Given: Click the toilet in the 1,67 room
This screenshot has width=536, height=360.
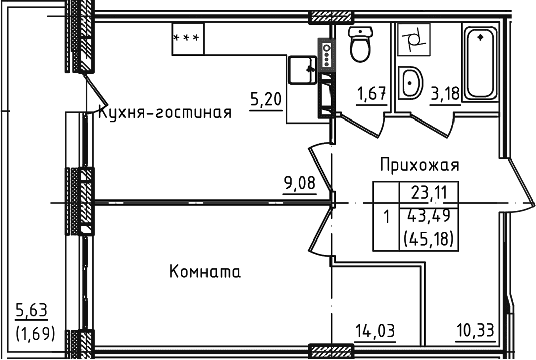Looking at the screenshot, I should [360, 46].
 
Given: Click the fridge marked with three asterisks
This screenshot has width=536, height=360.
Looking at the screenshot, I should [188, 38].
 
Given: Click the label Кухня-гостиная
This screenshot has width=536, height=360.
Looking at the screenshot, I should [164, 112].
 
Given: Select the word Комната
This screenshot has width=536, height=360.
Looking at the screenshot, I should [204, 272].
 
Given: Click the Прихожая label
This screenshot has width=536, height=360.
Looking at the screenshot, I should [419, 165].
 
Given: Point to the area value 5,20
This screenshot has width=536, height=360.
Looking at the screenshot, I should [266, 100].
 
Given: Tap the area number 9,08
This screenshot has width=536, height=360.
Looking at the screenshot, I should [300, 183].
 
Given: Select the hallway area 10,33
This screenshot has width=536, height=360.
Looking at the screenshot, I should [475, 331].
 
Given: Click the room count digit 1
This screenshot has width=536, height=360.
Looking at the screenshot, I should [387, 218].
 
